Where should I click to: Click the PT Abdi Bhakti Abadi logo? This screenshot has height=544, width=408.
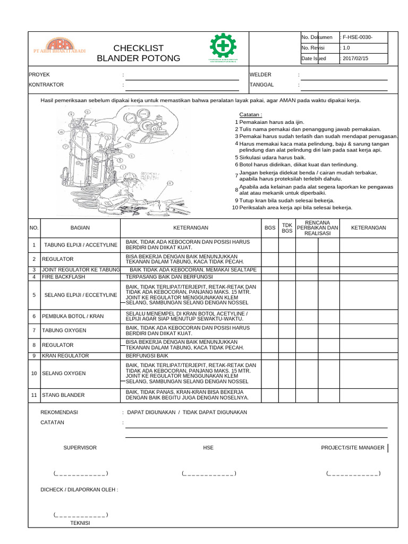pos(59,47)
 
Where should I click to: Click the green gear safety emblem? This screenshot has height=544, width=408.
pos(223,47)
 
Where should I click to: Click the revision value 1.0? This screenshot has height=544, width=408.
pos(346,48)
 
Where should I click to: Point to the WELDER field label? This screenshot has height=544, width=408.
pos(261,74)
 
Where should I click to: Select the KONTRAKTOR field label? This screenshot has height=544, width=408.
pos(46,84)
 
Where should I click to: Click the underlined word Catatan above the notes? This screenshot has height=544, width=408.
pos(251,114)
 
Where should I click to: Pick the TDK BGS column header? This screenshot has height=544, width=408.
pos(287,228)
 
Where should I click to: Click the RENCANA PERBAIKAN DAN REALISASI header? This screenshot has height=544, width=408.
pos(317,228)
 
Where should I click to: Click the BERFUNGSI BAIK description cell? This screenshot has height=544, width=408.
pos(147,355)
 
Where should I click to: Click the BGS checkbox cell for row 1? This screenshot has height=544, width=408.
pos(269,245)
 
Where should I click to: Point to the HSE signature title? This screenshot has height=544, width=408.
pos(208,448)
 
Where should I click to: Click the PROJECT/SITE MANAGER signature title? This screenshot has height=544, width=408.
pos(352,448)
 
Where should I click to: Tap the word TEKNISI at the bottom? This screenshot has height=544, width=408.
pos(80,523)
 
